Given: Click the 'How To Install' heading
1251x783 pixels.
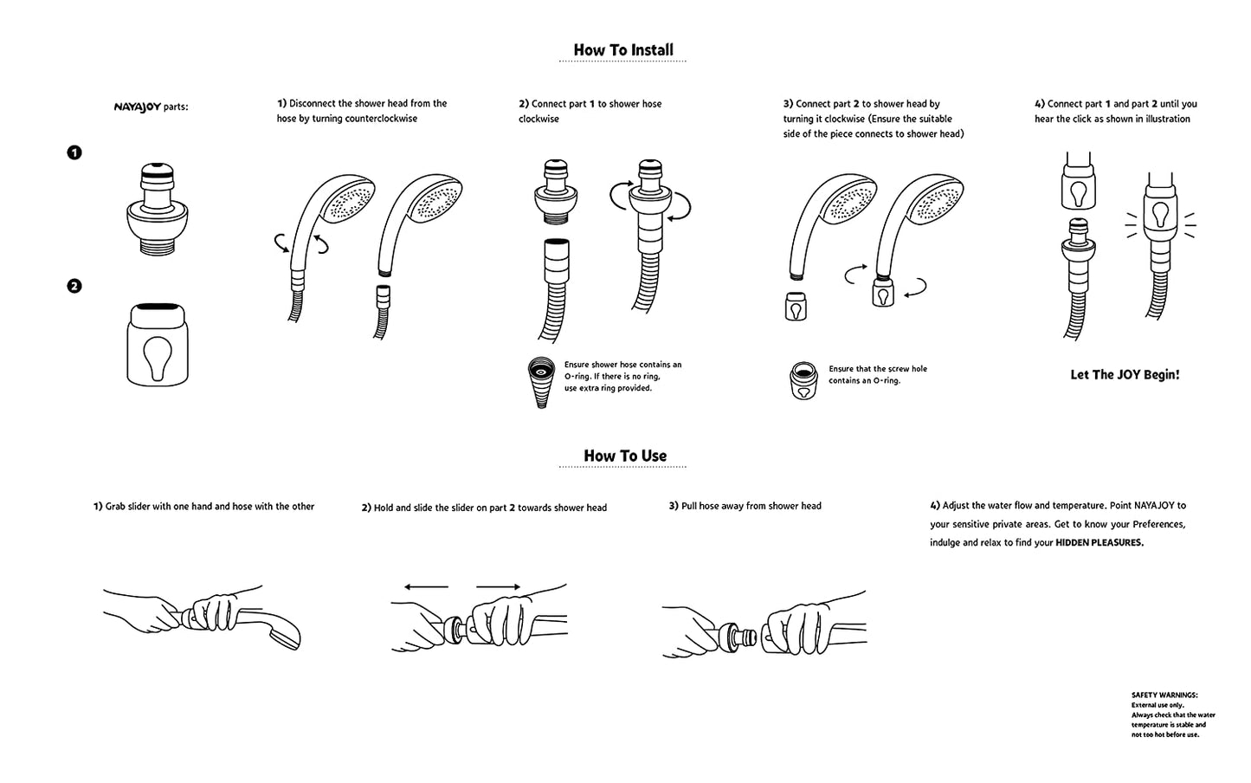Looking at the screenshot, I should click(x=623, y=50).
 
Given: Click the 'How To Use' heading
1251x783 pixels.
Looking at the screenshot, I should click(x=625, y=456).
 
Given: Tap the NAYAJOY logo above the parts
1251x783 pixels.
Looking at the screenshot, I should click(x=137, y=107).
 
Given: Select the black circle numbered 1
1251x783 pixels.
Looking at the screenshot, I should click(x=74, y=153).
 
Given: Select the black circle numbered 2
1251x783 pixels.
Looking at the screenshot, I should click(x=74, y=286).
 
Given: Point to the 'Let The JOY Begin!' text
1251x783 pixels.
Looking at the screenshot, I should click(x=1125, y=375).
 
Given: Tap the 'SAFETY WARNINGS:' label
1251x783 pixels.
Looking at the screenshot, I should click(x=1164, y=695).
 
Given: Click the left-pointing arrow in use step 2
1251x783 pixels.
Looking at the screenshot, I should click(x=426, y=587).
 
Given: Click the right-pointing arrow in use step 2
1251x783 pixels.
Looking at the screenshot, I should click(x=498, y=587).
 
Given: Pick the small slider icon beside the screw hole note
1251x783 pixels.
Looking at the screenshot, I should click(x=804, y=380).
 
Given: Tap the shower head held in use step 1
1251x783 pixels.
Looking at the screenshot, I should click(x=281, y=631).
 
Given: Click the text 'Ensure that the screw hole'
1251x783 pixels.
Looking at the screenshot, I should click(x=877, y=369).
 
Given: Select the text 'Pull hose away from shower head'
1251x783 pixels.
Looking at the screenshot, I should click(x=751, y=506).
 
